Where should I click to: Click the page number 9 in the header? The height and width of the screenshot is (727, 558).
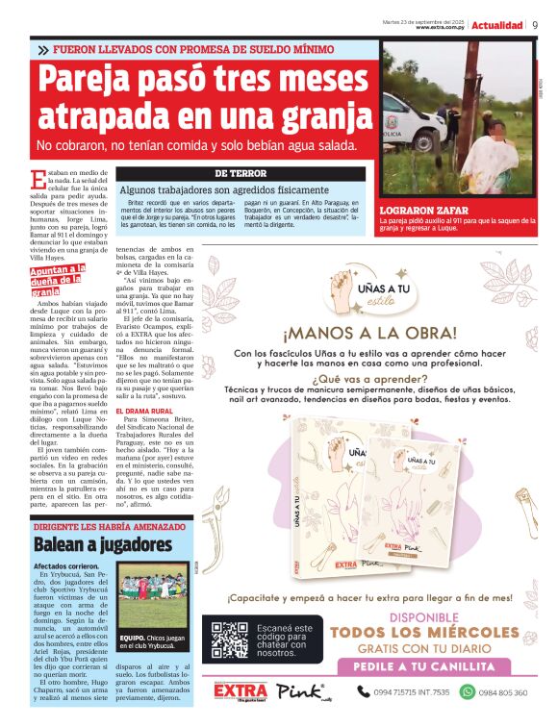click(534, 24)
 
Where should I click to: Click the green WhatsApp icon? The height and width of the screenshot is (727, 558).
click(468, 691)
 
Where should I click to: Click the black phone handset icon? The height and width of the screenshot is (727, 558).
click(364, 691)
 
